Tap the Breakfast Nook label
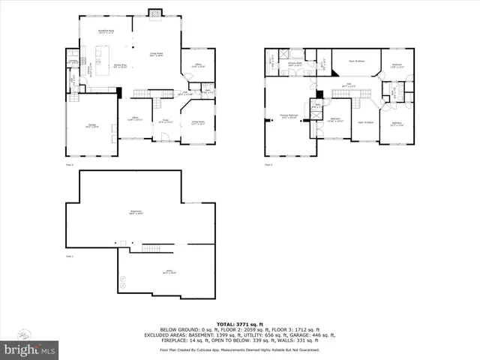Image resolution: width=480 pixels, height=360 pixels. pyautogui.click(x=105, y=31)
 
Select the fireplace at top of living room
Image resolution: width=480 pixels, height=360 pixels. pyautogui.click(x=155, y=12)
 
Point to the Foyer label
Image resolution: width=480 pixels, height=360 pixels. pyautogui.click(x=166, y=120)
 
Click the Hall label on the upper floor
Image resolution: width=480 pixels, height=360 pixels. pyautogui.click(x=348, y=85)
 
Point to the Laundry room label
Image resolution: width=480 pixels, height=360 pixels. pyautogui.click(x=73, y=61)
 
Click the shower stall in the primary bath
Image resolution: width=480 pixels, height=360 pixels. pyautogui.click(x=285, y=53)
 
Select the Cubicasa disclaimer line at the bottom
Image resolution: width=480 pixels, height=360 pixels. pyautogui.click(x=239, y=349)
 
